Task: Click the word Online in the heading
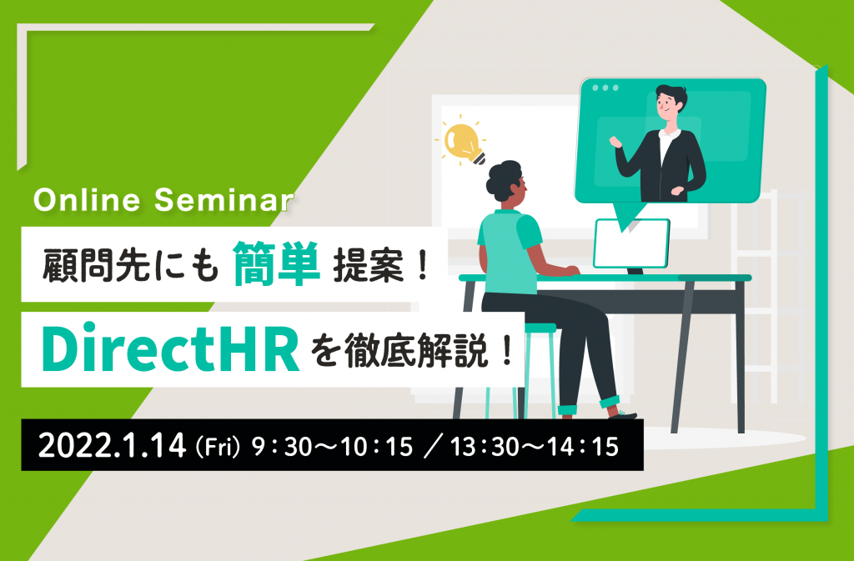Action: tap(87, 200)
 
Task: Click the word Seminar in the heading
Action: tap(224, 200)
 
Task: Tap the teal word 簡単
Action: tap(276, 263)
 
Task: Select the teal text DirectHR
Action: tap(170, 350)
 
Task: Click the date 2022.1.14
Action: tap(113, 446)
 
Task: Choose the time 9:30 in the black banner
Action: tap(281, 447)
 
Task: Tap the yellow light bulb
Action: tap(464, 143)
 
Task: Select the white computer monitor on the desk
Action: tap(631, 243)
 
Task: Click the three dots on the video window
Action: tap(605, 88)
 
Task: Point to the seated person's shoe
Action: tap(622, 414)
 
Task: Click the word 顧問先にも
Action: tap(131, 265)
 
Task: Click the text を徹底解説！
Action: tap(412, 351)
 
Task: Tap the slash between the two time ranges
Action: tap(431, 447)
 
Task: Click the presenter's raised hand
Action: tap(615, 142)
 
